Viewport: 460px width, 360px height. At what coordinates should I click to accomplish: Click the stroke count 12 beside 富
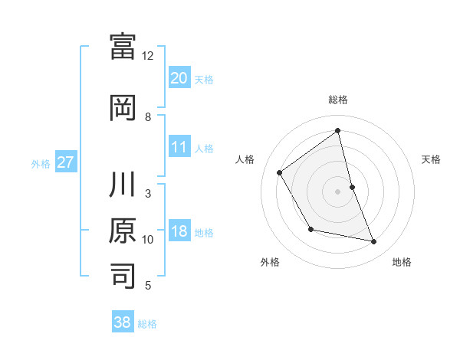[x=148, y=56]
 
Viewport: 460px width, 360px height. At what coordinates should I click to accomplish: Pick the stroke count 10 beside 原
[x=148, y=240]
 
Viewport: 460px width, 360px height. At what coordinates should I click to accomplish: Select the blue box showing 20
[x=179, y=77]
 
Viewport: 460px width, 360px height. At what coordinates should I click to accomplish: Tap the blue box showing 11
[x=179, y=147]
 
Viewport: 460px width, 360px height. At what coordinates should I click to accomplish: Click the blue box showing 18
[x=179, y=231]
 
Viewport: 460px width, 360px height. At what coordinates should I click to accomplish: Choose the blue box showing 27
[x=65, y=162]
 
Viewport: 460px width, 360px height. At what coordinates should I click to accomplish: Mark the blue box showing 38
[x=123, y=322]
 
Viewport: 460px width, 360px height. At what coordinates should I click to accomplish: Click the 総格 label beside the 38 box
[x=147, y=324]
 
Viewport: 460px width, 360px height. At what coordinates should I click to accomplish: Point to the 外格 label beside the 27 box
[x=41, y=163]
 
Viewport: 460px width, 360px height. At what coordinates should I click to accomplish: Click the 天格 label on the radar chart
[x=431, y=159]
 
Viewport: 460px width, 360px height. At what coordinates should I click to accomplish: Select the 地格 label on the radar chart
[x=402, y=262]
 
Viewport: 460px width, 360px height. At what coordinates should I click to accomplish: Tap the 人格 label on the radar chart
[x=245, y=159]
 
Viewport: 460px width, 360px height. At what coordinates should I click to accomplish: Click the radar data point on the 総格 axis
[x=337, y=130]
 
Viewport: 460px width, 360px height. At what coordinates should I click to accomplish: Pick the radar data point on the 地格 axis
[x=374, y=241]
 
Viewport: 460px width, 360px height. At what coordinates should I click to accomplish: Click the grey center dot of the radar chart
[x=337, y=191]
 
